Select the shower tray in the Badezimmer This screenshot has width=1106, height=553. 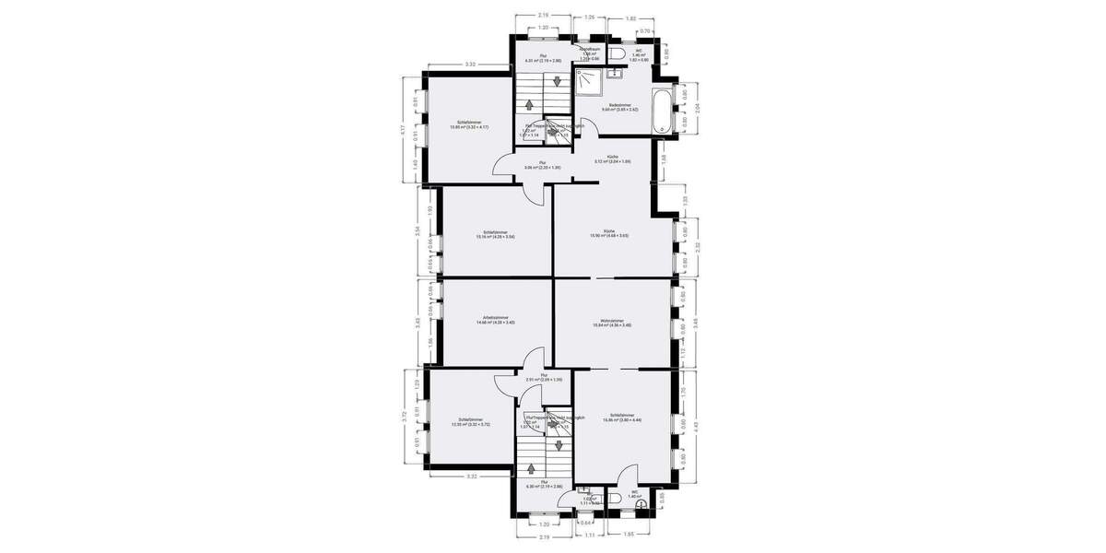pyautogui.click(x=588, y=85)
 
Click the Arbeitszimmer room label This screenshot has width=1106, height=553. pyautogui.click(x=495, y=321)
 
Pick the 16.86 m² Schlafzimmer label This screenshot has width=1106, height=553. pyautogui.click(x=622, y=418)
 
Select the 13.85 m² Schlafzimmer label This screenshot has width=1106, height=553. pyautogui.click(x=469, y=124)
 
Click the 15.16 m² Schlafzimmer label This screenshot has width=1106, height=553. pyautogui.click(x=495, y=235)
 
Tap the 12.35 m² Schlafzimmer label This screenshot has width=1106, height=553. pyautogui.click(x=470, y=422)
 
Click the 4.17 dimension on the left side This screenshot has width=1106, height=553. pyautogui.click(x=403, y=129)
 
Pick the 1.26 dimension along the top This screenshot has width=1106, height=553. pyautogui.click(x=590, y=17)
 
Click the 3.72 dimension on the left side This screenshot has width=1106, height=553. pyautogui.click(x=404, y=415)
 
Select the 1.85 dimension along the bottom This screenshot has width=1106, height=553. pyautogui.click(x=629, y=534)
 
